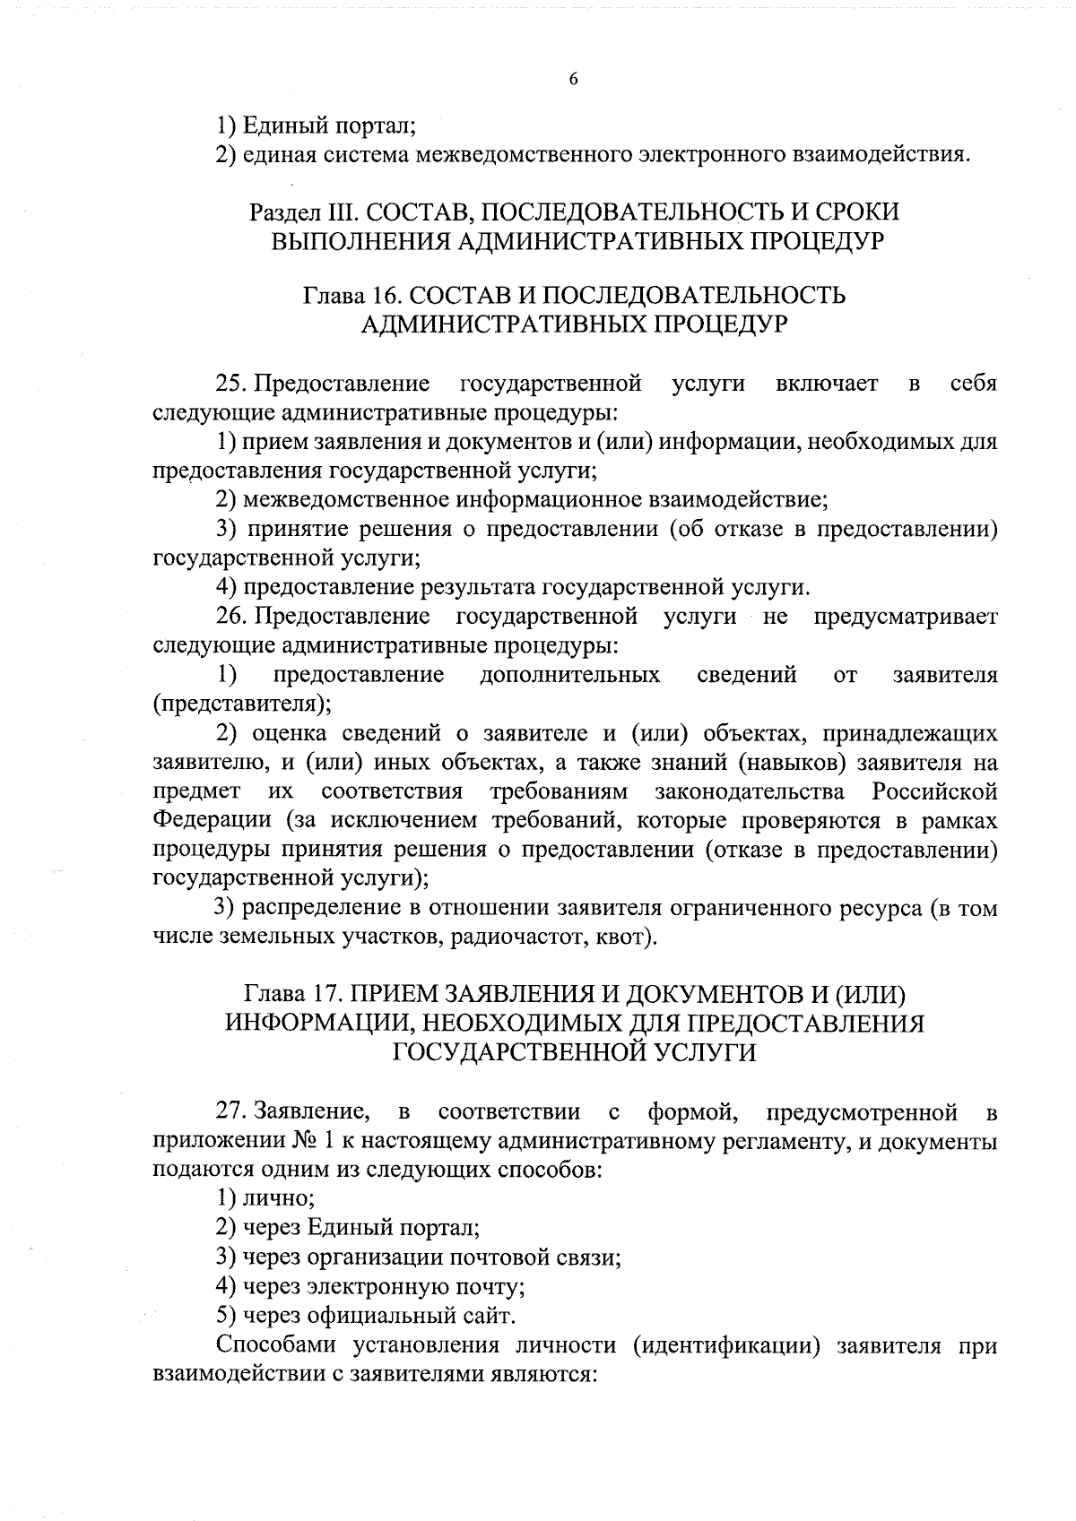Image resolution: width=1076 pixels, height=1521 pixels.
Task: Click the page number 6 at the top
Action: point(573,79)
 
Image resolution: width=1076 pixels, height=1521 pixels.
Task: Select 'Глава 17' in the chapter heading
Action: point(291,994)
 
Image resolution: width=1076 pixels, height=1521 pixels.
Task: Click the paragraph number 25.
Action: point(231,385)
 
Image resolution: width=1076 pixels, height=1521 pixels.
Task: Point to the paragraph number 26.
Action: point(231,617)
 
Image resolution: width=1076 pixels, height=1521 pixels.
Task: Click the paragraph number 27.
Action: point(231,1113)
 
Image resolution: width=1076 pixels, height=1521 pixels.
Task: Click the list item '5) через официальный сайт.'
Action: point(366,1316)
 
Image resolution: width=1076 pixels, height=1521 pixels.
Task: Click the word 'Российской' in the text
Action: point(934,792)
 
